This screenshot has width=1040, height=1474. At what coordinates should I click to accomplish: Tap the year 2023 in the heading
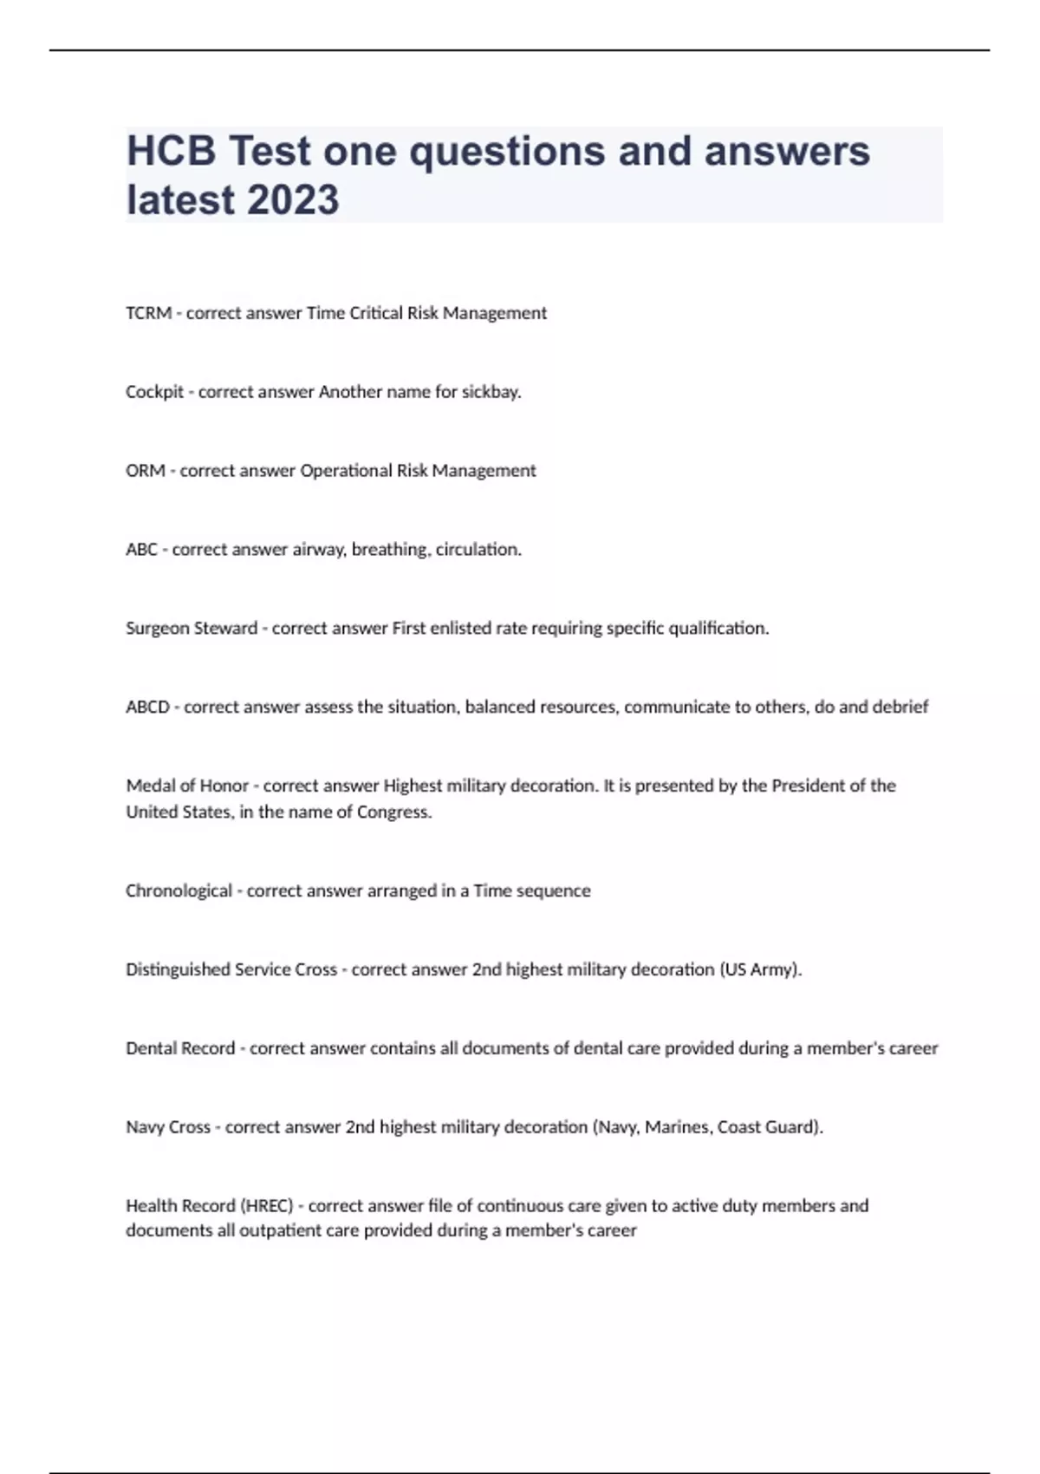pos(292,199)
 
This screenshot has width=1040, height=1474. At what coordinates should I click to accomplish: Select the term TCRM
pos(148,313)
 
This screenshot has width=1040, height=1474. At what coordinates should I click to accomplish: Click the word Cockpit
pos(154,392)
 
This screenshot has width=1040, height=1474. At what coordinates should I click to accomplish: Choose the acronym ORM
pos(145,471)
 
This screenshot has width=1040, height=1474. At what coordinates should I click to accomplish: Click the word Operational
pos(346,471)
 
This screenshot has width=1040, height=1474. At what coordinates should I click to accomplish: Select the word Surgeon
pos(157,629)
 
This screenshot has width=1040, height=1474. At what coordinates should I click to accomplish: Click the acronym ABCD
pos(147,708)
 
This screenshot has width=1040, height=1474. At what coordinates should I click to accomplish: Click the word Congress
pos(394,812)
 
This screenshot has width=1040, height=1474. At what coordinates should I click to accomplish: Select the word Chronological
pos(179,891)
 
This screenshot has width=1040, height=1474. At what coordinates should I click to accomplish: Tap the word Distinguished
pos(178,970)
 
